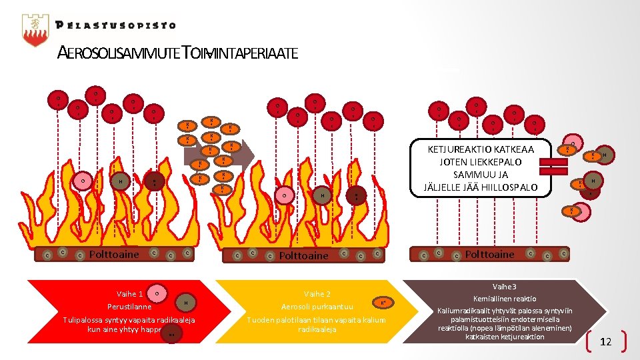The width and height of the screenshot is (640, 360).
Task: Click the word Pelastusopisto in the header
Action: (x=116, y=26)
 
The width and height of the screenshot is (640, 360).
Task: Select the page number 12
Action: (x=605, y=342)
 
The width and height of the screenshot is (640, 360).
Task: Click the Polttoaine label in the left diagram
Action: (x=114, y=254)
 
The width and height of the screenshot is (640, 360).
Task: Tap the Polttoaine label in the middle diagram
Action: (x=303, y=255)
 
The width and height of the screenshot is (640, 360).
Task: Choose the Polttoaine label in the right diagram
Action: (x=489, y=254)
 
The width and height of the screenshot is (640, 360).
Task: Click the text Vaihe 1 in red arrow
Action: (x=129, y=294)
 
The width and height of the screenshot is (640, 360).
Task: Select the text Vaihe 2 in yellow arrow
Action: (x=317, y=294)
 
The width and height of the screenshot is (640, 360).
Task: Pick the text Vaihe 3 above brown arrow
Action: (x=504, y=285)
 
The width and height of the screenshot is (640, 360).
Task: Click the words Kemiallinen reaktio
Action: (x=504, y=299)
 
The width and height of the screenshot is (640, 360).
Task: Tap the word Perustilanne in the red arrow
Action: (x=129, y=307)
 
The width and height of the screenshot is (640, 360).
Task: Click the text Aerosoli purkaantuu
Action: (x=317, y=307)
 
